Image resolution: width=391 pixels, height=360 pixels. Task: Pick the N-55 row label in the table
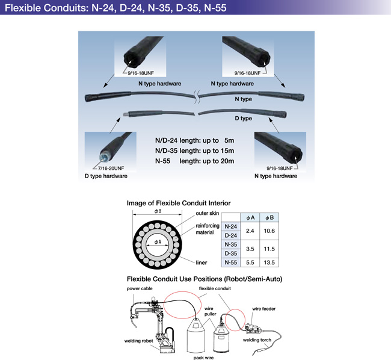pyautogui.click(x=231, y=262)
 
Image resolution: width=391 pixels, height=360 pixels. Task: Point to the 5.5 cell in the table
pyautogui.click(x=249, y=262)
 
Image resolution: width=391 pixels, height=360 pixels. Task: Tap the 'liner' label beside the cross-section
pyautogui.click(x=202, y=262)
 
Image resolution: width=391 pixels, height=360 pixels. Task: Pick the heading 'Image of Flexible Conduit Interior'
pyautogui.click(x=179, y=203)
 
